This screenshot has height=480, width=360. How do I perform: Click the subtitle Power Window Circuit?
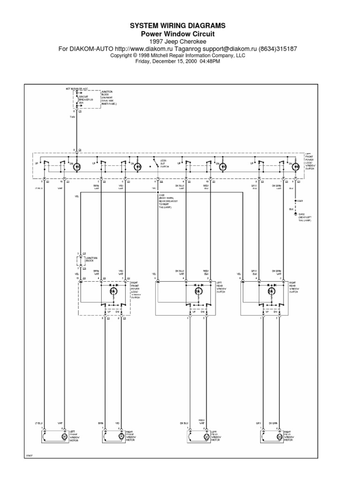pos(180,34)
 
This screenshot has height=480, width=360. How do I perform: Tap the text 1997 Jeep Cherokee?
pos(180,41)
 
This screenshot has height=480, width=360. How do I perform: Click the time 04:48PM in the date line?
pos(210,60)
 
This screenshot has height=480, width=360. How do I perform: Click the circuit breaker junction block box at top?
pos(86,99)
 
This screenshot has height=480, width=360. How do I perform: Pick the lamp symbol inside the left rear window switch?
pos(197,292)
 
